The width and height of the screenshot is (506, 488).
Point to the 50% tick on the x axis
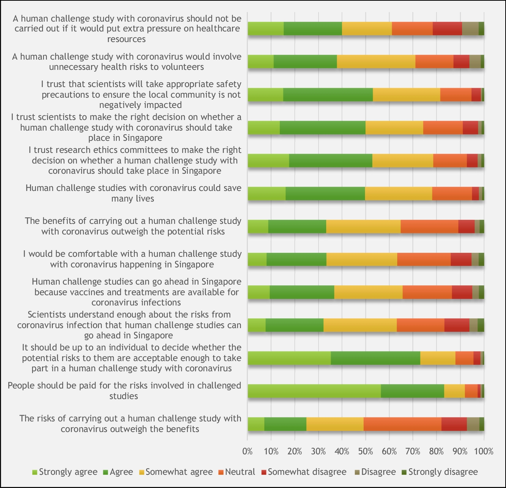coord(365,451)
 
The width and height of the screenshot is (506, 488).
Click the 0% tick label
coord(248,451)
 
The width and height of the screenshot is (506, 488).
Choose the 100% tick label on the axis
coord(484,451)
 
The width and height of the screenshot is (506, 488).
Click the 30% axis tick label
coord(318,451)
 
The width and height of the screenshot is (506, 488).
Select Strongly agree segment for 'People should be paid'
coord(314,391)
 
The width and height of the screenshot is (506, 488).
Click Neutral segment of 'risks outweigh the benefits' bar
coord(402,424)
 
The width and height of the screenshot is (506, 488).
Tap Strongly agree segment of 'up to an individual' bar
coord(289,358)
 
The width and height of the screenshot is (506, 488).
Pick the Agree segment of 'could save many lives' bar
coord(325,194)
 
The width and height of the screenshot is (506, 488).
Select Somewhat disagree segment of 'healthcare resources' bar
coord(447,29)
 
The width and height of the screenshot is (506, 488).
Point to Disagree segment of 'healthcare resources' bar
coord(470,29)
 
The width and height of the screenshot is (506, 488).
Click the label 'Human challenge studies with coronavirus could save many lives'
coord(133,193)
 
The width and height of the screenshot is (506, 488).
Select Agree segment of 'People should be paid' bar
coord(412,391)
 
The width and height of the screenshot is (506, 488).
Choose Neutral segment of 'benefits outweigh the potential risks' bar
coord(429,226)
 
